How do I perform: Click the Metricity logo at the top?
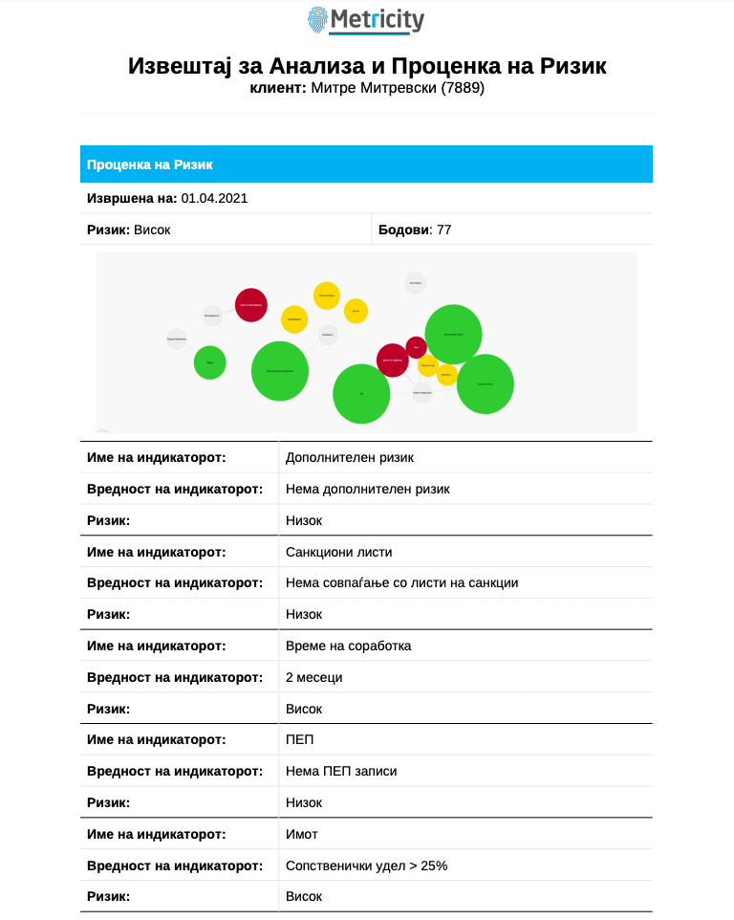(366, 20)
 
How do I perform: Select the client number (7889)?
(463, 88)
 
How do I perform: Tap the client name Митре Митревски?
(374, 88)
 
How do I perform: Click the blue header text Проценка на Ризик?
(150, 164)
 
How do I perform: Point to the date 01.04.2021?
(214, 198)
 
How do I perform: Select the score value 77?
(443, 230)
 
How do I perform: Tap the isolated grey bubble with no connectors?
(416, 283)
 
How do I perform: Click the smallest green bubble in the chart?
(210, 362)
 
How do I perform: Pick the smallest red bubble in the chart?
(417, 347)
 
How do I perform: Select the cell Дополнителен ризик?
(350, 457)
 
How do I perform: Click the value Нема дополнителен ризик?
(367, 489)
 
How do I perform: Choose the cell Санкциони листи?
(338, 552)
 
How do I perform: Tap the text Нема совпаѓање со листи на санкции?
(401, 582)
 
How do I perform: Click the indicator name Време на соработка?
(348, 646)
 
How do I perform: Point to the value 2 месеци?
(313, 677)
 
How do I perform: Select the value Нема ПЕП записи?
(341, 771)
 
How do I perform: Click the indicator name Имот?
(302, 834)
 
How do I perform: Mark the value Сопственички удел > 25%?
(366, 865)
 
